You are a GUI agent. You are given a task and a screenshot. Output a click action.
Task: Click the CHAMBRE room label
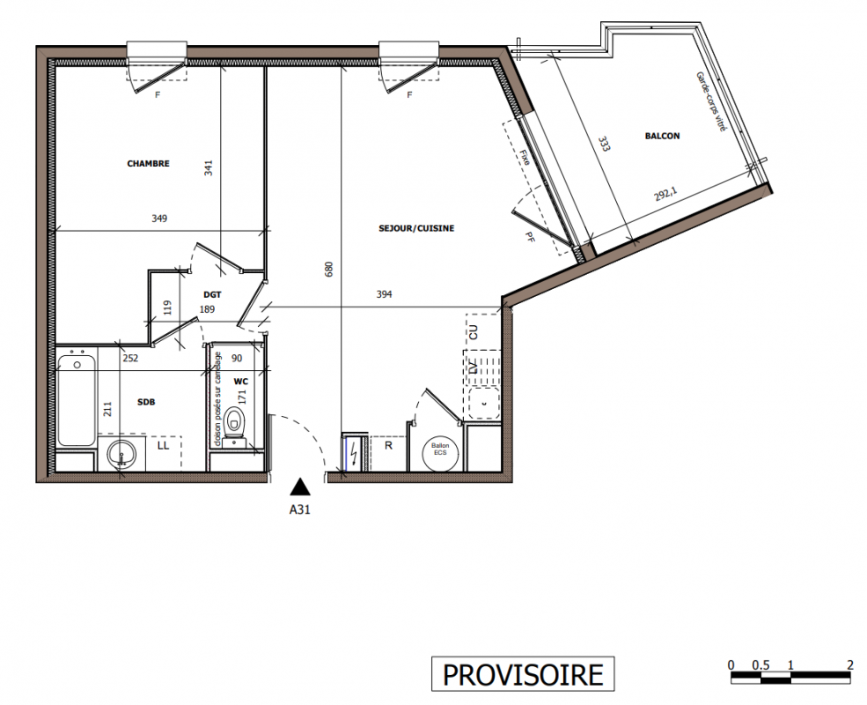148,164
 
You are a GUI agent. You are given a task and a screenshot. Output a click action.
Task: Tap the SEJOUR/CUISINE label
416,228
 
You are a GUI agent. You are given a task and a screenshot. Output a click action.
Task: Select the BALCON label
663,136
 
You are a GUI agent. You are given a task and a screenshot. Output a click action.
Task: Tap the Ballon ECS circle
440,449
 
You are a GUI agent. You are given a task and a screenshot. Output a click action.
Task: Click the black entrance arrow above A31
300,486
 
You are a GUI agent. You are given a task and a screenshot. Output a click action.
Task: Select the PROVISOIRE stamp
523,674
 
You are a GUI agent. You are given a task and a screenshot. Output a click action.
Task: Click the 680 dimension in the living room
329,270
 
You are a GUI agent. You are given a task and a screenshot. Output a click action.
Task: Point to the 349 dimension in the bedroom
159,219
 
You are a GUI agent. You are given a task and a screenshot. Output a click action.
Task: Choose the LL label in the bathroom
163,445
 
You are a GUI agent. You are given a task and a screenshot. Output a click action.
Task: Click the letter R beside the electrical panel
389,445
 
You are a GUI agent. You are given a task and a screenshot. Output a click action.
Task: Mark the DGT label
212,295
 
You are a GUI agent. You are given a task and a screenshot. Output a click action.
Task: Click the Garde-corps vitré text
710,101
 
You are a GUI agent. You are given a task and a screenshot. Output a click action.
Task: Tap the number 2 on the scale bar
850,664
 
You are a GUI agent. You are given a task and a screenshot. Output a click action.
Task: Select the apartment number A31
300,509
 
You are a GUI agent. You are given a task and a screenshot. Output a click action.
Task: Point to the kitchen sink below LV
484,403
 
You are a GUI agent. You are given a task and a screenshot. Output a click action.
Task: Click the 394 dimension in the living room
385,295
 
